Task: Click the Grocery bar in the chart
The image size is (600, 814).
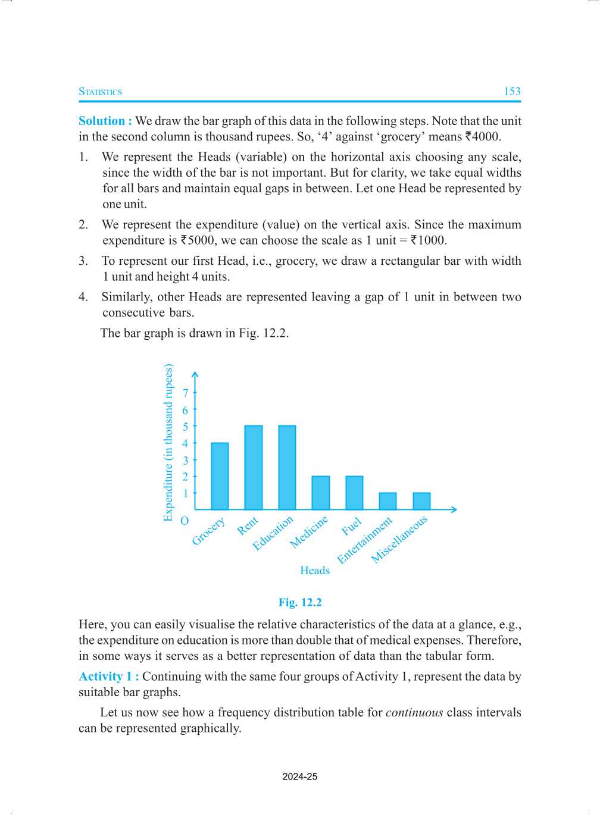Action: point(220,476)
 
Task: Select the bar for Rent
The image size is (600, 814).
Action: point(253,468)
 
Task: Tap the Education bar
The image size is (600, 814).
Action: point(287,468)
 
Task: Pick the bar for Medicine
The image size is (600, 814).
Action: point(320,493)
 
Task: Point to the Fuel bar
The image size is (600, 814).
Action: point(354,493)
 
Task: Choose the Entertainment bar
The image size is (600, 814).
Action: point(387,501)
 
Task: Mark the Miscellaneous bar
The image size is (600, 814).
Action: point(421,501)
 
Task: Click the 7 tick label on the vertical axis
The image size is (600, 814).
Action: point(185,393)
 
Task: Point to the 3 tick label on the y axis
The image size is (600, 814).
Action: point(185,460)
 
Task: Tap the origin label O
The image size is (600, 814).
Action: point(185,521)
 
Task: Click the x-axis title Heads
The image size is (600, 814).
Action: point(315,570)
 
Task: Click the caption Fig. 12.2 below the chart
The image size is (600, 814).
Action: point(300,602)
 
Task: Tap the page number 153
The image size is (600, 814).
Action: point(512,92)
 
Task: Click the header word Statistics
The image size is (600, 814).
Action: point(100,92)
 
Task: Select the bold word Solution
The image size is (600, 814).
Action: point(102,121)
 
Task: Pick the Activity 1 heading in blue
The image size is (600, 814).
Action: point(108,677)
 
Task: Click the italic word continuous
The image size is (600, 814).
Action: point(414,712)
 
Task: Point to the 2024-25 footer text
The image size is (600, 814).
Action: point(300,777)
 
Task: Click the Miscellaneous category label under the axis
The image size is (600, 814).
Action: point(399,540)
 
